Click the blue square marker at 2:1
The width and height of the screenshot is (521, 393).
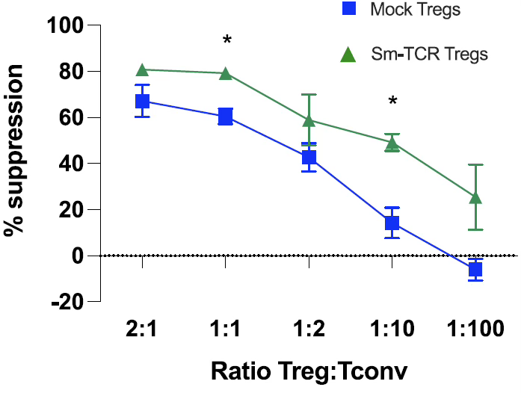tap(142, 101)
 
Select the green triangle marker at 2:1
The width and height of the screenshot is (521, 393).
tap(142, 70)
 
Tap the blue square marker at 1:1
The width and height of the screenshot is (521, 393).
tap(225, 117)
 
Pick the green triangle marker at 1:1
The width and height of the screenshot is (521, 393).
tap(225, 73)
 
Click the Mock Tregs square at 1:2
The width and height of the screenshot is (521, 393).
tap(309, 158)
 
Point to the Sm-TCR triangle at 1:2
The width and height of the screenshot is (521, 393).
tap(309, 120)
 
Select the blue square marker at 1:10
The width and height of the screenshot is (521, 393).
tap(392, 223)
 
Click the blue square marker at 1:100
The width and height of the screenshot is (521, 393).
tap(475, 269)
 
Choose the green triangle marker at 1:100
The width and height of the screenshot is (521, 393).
tap(475, 197)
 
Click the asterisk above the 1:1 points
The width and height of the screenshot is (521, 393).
tap(226, 40)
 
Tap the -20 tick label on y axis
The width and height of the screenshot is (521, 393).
tap(66, 302)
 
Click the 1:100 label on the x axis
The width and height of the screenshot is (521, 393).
tap(475, 329)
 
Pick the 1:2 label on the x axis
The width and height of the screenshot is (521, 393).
tap(309, 329)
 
